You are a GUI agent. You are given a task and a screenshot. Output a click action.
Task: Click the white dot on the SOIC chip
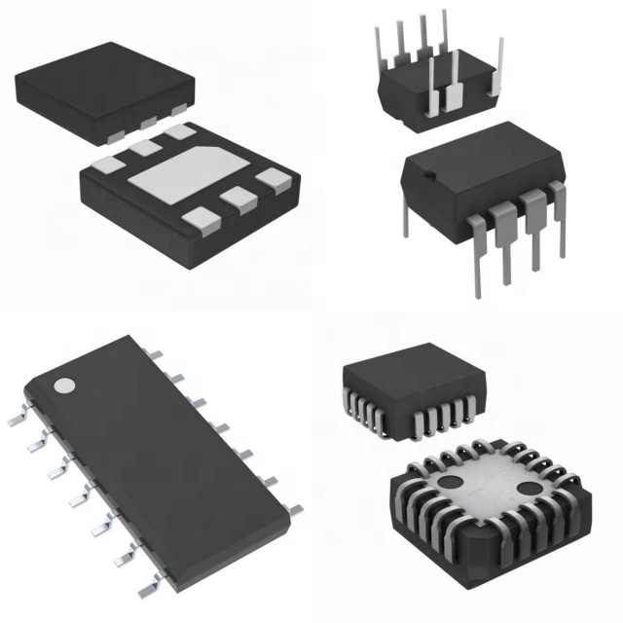pos(63,385)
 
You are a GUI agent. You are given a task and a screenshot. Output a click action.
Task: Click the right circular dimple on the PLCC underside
pos(528,487)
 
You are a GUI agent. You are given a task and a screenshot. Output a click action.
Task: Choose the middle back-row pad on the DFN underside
pos(146,148)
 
